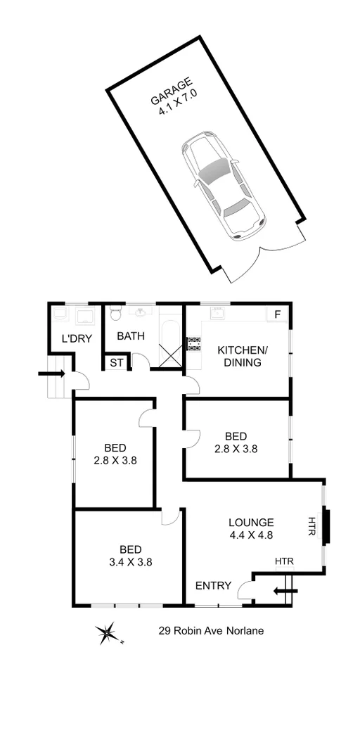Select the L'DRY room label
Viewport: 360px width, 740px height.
(77, 338)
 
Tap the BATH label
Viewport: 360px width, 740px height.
(131, 336)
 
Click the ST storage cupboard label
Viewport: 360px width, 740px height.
(115, 363)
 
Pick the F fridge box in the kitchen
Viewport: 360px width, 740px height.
(277, 314)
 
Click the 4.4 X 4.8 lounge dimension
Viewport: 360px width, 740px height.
(250, 535)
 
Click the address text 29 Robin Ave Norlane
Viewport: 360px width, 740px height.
(211, 631)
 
